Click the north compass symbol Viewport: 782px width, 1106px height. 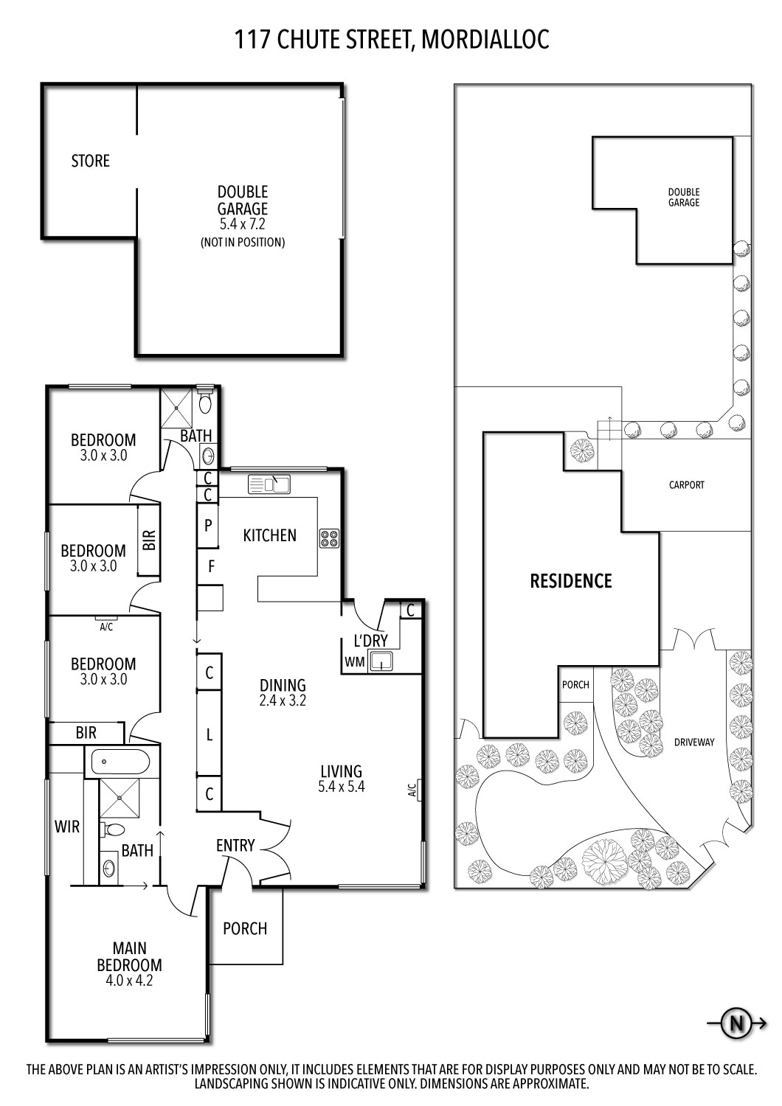click(x=736, y=1023)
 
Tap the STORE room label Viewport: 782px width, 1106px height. click(x=90, y=161)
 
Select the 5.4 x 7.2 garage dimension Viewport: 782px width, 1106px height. click(x=242, y=224)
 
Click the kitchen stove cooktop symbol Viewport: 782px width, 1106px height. click(x=328, y=539)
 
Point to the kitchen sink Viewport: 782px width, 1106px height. click(x=269, y=484)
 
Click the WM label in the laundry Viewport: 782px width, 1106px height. click(x=355, y=662)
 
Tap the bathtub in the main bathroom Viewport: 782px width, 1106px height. click(x=119, y=761)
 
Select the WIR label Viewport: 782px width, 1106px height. click(x=66, y=827)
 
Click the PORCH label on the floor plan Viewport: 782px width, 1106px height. click(x=245, y=928)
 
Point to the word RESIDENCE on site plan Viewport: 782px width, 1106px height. click(x=571, y=581)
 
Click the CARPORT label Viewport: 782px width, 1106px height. click(x=686, y=485)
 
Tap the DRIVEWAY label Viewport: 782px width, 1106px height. click(x=694, y=742)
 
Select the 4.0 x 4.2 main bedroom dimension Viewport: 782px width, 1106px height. click(x=128, y=981)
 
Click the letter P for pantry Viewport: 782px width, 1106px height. click(x=208, y=526)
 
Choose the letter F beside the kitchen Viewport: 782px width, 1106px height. click(x=212, y=567)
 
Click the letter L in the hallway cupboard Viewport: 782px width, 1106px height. click(x=210, y=734)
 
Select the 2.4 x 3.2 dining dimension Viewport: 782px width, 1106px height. click(x=282, y=700)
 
